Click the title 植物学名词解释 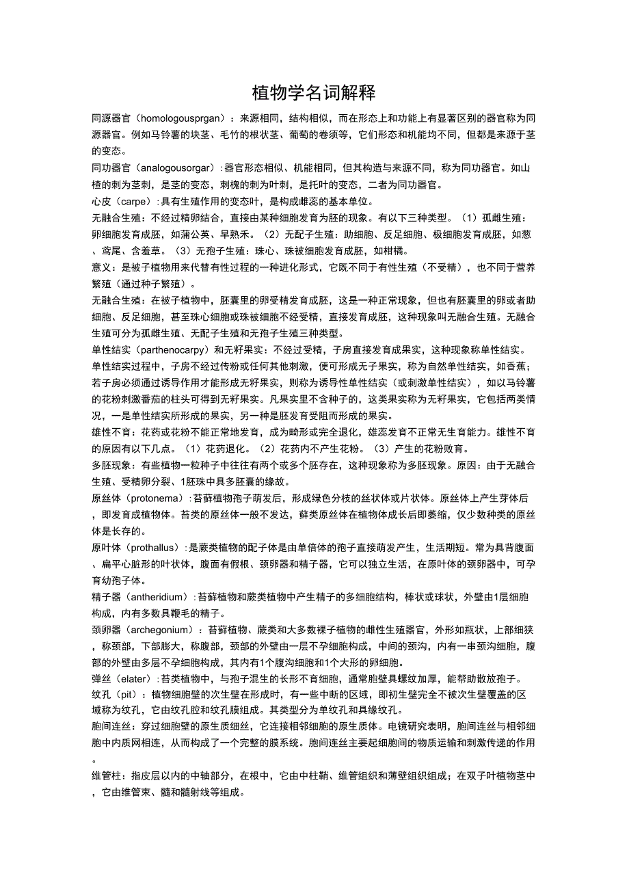(x=314, y=92)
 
